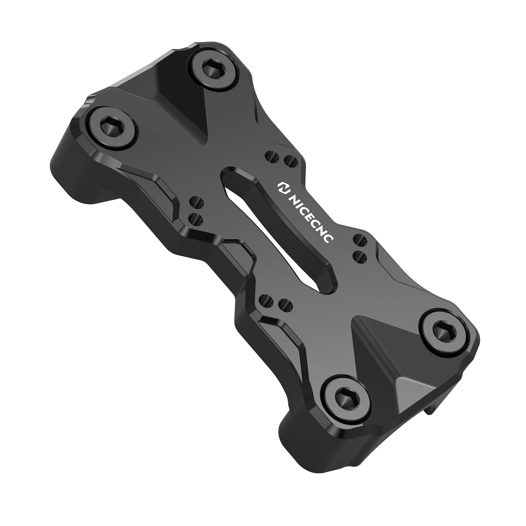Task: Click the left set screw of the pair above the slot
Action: pos(271,155)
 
